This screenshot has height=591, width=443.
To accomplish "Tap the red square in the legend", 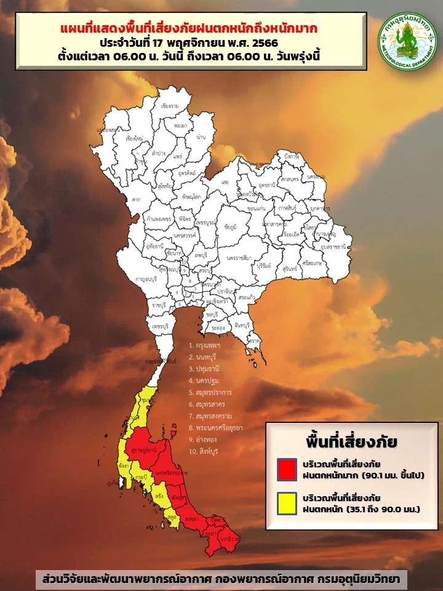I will coord(285,469).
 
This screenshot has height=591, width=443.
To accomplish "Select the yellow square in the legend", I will coord(285,504).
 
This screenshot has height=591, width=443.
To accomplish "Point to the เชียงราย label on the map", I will coord(170,107).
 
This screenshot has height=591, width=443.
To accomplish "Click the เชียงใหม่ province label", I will coord(135,139).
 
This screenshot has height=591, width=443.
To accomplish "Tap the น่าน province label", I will coord(201,137).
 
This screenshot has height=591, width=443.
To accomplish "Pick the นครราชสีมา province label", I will coord(239,258).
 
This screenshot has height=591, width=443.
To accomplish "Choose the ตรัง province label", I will coord(159,495).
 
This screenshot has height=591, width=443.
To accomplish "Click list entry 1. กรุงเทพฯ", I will coord(205,345).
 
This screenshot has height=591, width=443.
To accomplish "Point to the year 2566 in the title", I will coord(268,44).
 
